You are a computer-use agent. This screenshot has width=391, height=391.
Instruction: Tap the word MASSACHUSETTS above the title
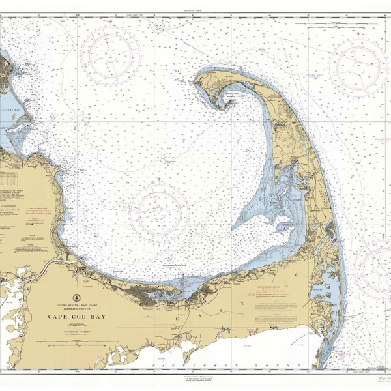click(x=75, y=308)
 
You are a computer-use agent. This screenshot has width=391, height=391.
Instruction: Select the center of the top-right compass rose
click(x=360, y=65)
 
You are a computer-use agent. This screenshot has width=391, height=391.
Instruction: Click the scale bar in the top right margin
click(x=336, y=23)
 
